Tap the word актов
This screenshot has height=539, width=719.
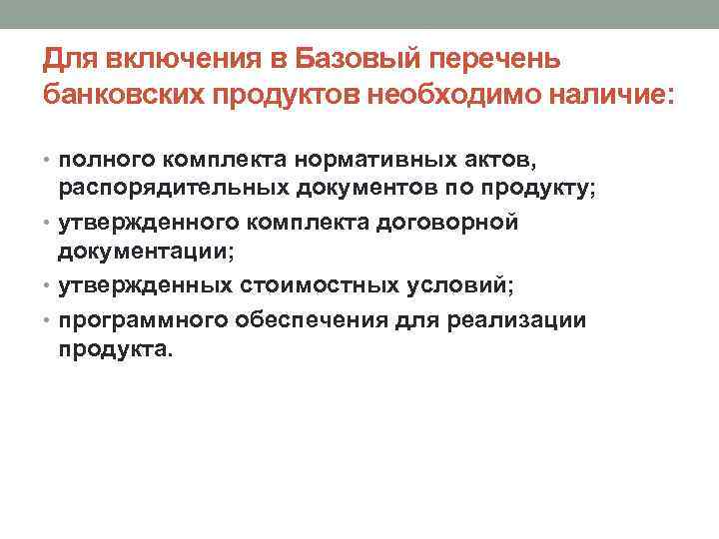497,158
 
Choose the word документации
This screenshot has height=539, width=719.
148,254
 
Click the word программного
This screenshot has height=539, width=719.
144,319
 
